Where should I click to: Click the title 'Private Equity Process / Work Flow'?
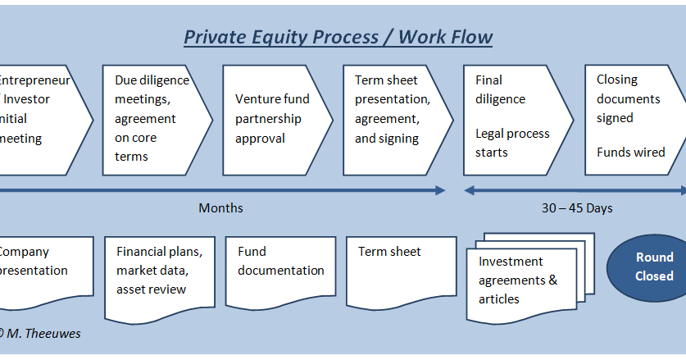tap(338, 37)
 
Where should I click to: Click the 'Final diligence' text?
tap(501, 90)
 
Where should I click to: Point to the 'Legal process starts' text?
tap(512, 143)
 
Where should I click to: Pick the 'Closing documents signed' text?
tap(628, 98)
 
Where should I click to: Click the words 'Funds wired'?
tap(630, 153)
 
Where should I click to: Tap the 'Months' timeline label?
tap(220, 208)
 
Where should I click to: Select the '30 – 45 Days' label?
tap(577, 208)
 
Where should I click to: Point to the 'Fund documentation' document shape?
tap(280, 270)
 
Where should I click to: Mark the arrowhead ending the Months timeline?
tap(440, 190)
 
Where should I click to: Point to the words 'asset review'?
tap(151, 289)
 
